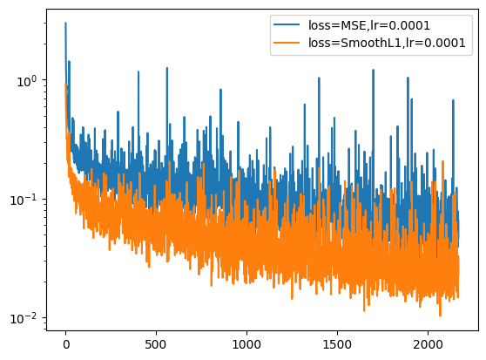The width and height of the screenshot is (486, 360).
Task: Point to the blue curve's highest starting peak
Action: click(65, 24)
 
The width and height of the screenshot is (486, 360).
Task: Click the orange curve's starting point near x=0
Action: click(65, 85)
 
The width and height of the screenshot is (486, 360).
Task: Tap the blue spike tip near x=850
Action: click(220, 88)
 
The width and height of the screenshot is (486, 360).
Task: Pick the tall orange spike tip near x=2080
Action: click(442, 160)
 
